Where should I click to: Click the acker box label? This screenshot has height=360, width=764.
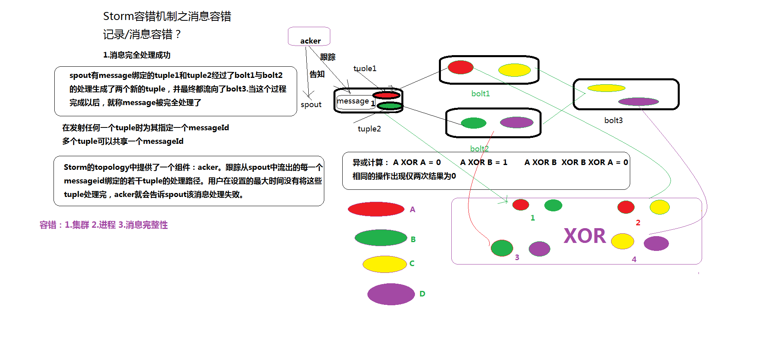[x=310, y=41]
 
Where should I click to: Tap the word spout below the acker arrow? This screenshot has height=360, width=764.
[x=311, y=105]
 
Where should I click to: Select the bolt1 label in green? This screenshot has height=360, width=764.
[x=480, y=93]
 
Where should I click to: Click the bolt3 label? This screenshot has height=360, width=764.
[x=613, y=120]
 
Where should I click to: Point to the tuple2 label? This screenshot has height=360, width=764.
[x=369, y=129]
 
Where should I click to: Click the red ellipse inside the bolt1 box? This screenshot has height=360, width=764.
[x=460, y=67]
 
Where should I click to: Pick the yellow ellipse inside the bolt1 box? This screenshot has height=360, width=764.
[x=514, y=70]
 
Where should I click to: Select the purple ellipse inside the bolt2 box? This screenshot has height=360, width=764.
[x=517, y=122]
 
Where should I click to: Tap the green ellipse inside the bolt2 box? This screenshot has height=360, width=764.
[x=474, y=123]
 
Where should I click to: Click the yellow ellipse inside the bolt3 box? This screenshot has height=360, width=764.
[x=606, y=88]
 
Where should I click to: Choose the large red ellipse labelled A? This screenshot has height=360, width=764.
[x=376, y=209]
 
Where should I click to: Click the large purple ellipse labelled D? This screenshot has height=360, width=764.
[x=391, y=294]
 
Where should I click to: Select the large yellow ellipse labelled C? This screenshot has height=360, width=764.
[x=385, y=264]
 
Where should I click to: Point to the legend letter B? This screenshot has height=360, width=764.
[x=413, y=239]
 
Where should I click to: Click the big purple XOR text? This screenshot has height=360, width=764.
[x=585, y=236]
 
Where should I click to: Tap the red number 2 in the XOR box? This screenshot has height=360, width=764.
[x=638, y=223]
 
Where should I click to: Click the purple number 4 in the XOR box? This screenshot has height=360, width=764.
[x=634, y=259]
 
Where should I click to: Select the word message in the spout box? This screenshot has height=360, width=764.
[x=353, y=101]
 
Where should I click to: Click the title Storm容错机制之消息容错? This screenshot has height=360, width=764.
[x=167, y=16]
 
